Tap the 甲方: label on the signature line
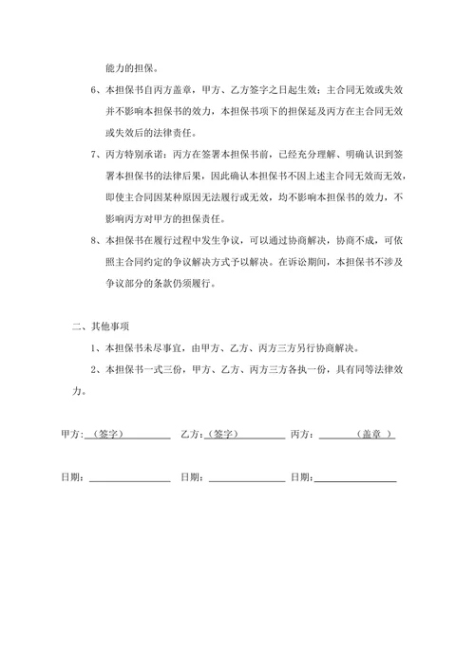tap(70, 435)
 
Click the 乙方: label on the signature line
tap(190, 435)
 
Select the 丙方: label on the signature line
tap(303, 435)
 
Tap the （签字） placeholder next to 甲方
tap(104, 435)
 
